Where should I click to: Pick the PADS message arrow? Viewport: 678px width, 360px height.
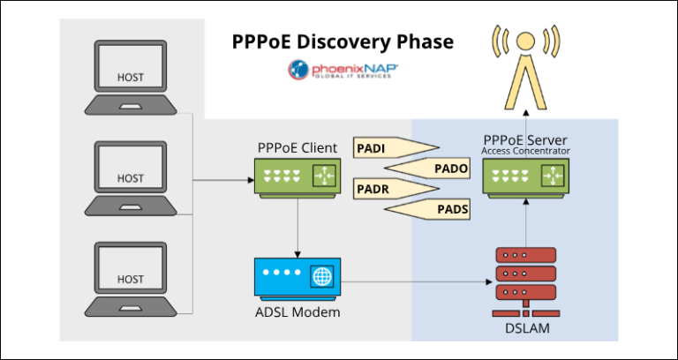tap(432, 209)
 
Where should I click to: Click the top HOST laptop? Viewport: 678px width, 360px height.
tap(130, 79)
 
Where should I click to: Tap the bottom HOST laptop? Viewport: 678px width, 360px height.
tap(130, 280)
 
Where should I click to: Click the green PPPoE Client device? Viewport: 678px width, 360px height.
tap(296, 176)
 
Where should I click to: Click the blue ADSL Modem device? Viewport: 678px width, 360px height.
tap(296, 278)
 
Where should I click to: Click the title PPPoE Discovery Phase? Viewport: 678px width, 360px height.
tap(343, 41)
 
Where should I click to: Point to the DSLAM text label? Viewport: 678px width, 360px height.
tap(525, 328)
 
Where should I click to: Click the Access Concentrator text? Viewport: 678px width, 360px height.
tap(526, 151)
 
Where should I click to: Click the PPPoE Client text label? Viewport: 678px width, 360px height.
tap(296, 147)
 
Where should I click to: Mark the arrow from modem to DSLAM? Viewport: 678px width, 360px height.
tap(415, 282)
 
